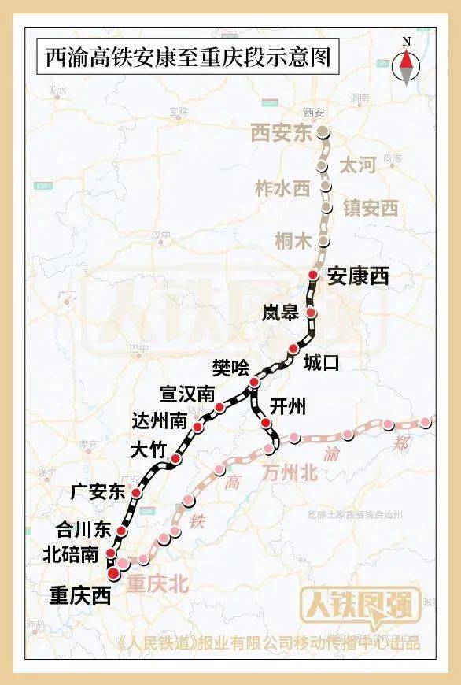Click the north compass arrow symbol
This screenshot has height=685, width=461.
[407, 65]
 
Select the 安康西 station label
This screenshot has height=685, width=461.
[359, 276]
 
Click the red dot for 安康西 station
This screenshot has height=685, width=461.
[313, 275]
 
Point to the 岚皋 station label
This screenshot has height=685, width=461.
[281, 313]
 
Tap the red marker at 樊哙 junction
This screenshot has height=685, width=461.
[253, 383]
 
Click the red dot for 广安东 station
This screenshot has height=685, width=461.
[136, 493]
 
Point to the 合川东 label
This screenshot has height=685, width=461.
[83, 529]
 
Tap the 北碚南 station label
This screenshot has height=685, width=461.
[72, 554]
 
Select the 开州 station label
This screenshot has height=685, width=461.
[287, 407]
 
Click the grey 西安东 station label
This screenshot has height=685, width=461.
[282, 133]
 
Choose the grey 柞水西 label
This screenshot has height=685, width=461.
[284, 188]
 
